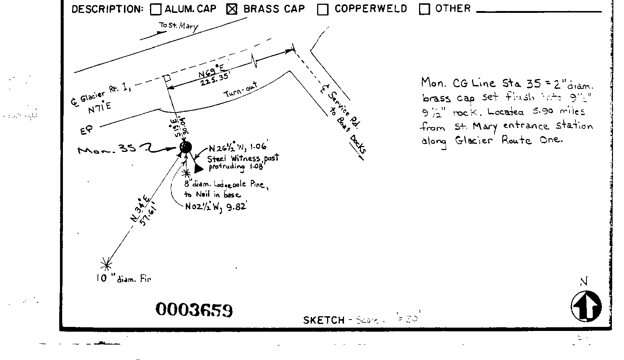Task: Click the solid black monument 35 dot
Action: (x=186, y=147)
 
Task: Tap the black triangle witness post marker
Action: (x=198, y=168)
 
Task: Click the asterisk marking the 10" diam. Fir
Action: (x=106, y=264)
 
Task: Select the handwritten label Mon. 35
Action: (x=107, y=149)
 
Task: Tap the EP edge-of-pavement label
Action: (x=87, y=130)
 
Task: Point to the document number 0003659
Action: (x=194, y=310)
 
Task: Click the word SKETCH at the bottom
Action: (x=324, y=320)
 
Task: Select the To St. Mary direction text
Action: (x=178, y=26)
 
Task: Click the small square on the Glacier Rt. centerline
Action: (x=167, y=78)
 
